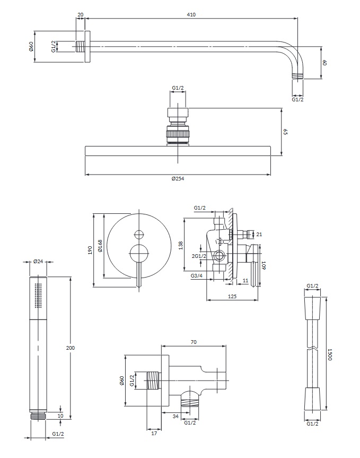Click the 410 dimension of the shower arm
click(191, 14)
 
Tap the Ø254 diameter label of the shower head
click(178, 179)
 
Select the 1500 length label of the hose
click(329, 355)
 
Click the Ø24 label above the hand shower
click(38, 262)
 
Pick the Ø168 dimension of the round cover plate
click(99, 247)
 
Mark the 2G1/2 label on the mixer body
click(199, 257)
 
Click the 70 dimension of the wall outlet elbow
click(194, 343)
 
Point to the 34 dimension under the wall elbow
click(175, 416)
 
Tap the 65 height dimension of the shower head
click(285, 131)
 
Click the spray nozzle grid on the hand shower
click(38, 295)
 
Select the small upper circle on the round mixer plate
click(139, 234)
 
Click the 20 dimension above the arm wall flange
click(81, 14)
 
